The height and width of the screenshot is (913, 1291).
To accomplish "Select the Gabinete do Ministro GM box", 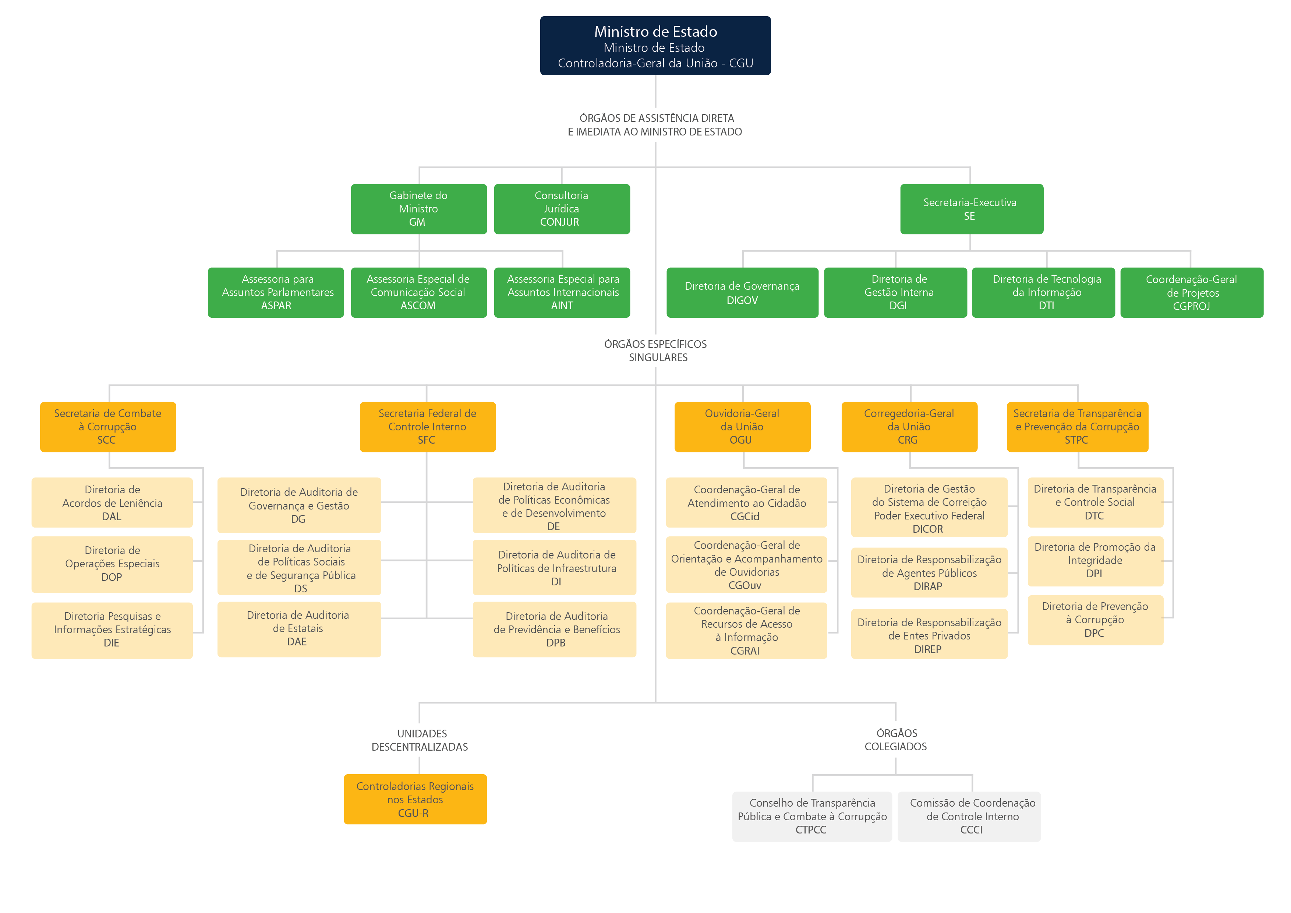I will click(x=418, y=209).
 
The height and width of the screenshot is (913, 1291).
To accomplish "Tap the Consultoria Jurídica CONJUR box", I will click(x=561, y=209).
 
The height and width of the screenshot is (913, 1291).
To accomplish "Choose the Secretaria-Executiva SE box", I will click(x=971, y=209).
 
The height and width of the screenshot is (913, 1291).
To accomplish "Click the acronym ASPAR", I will click(x=276, y=306).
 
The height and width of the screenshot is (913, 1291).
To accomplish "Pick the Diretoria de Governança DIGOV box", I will click(x=742, y=293).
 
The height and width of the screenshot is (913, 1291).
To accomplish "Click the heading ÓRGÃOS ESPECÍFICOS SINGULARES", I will click(x=656, y=350).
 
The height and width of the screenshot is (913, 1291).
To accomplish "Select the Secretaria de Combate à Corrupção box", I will click(x=108, y=426).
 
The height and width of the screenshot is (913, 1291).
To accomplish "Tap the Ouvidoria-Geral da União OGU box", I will click(x=742, y=426).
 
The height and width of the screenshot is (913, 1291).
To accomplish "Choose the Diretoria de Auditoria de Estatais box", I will click(x=298, y=629).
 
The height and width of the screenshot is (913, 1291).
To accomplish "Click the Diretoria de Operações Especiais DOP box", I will click(x=112, y=564).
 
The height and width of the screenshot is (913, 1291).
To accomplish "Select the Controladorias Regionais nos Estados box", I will click(x=415, y=799).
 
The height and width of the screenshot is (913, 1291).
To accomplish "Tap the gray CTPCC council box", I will click(x=811, y=816).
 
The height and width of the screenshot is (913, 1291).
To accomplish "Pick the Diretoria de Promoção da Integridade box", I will click(x=1095, y=560).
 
